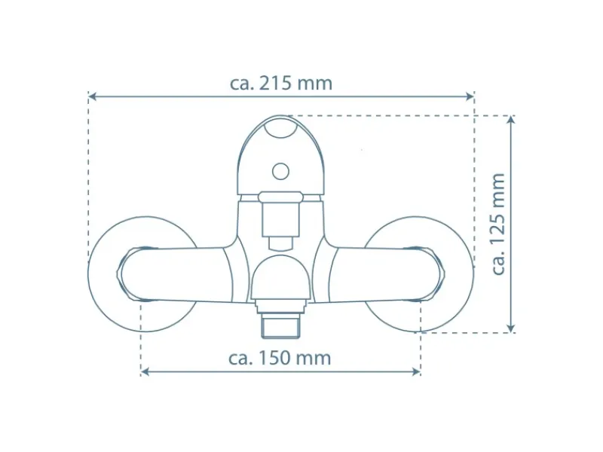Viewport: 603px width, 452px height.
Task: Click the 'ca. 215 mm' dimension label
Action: tap(280, 83)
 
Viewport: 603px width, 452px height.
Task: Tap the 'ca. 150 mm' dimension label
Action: tap(280, 358)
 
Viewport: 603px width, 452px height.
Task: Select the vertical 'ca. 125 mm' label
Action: tap(498, 224)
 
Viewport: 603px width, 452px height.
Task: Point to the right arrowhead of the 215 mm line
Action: tap(470, 96)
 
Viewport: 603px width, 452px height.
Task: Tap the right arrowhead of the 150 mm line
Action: tap(416, 371)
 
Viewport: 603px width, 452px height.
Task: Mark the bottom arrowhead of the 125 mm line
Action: tap(511, 328)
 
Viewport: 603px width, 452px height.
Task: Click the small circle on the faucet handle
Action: tap(280, 172)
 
